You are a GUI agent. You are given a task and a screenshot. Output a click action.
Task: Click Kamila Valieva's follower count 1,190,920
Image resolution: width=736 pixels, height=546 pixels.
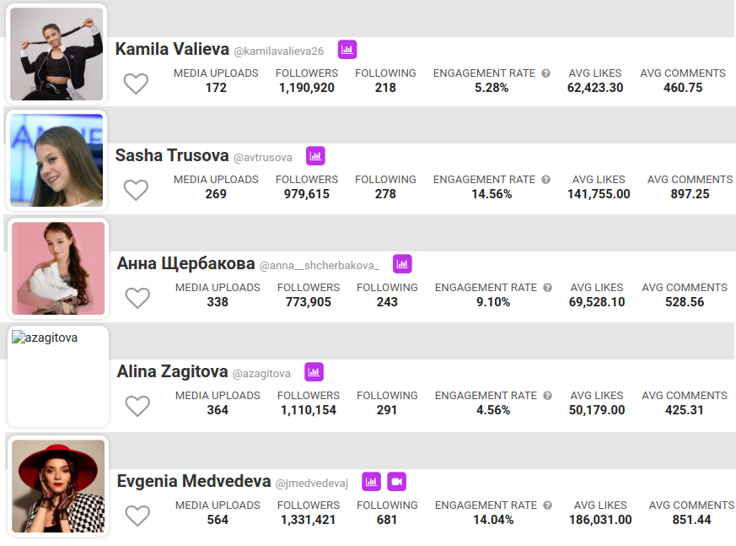[307, 88]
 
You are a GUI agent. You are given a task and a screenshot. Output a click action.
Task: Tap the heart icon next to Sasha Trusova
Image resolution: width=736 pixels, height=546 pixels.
[136, 190]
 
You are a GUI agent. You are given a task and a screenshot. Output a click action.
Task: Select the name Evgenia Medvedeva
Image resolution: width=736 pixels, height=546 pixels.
[194, 481]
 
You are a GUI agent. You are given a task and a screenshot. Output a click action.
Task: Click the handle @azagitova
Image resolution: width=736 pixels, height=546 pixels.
[261, 373]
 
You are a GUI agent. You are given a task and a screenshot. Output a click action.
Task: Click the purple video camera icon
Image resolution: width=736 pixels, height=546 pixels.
[397, 481]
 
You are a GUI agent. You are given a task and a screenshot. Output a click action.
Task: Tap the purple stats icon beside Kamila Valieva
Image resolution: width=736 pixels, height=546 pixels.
[347, 50]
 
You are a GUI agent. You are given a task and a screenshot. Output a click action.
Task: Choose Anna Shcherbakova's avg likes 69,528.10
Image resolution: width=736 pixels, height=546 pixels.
[597, 302]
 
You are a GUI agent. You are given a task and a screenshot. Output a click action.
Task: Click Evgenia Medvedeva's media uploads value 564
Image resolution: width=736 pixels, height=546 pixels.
[218, 520]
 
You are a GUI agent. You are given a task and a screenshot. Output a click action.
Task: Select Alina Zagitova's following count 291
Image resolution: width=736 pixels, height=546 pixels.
[387, 410]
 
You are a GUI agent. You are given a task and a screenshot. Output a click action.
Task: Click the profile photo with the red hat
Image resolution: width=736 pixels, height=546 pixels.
[58, 485]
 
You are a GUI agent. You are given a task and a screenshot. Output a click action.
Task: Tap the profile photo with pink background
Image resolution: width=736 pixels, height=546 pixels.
[58, 268]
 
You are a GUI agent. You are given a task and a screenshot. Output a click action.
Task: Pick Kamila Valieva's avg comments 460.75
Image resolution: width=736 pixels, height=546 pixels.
[683, 88]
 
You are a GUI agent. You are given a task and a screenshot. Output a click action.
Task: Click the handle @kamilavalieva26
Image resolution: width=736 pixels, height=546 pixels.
[278, 51]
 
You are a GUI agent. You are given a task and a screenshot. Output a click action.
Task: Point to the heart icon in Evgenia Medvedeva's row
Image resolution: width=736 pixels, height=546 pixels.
[137, 516]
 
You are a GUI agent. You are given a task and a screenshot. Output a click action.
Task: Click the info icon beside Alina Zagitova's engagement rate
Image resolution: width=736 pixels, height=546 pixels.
[548, 396]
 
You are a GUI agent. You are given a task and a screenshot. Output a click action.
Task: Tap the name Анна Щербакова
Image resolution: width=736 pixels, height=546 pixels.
[185, 264]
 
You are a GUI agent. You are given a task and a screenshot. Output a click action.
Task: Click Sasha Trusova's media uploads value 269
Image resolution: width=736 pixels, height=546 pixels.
[216, 194]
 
